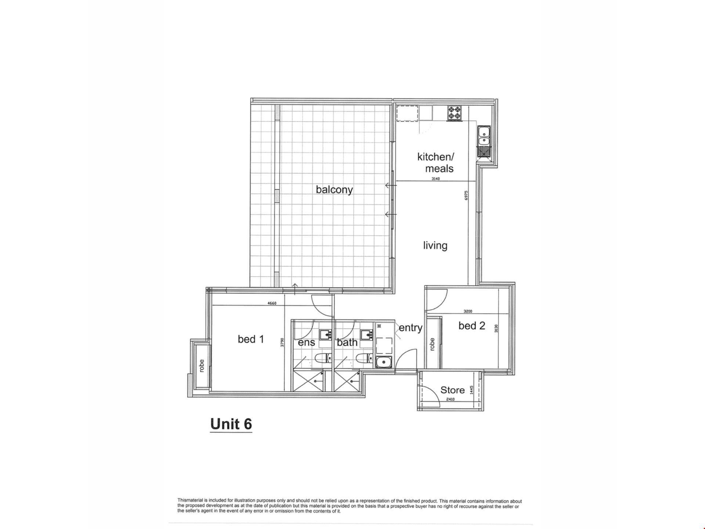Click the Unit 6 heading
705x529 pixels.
coord(231,424)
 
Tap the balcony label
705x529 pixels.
coord(334,190)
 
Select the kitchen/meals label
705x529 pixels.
coord(436,162)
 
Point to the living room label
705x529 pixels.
coord(435,245)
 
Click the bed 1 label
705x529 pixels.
coord(251,339)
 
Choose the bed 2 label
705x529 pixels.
coord(472,325)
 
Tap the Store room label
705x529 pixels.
coord(452,390)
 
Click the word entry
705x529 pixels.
coord(411,328)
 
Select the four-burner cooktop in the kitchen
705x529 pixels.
coord(455,113)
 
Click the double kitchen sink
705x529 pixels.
coord(484,136)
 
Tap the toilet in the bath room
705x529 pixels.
coord(365,358)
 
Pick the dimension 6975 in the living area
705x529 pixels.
coord(466,195)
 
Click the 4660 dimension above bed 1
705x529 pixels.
coord(272,303)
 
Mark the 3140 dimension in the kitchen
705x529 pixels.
coord(435,179)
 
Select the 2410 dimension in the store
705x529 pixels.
coord(450,399)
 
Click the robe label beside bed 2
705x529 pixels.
coord(432,344)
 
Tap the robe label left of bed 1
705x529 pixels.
coord(201,366)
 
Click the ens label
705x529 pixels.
coord(306,342)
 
